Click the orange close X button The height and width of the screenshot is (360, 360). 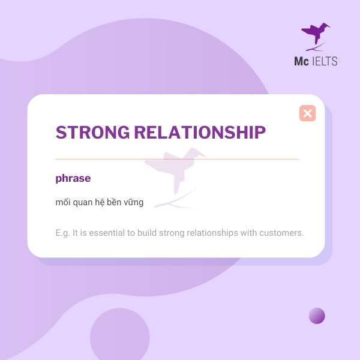click(307, 113)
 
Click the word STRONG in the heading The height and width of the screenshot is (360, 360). click(89, 132)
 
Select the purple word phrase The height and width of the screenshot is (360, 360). click(73, 178)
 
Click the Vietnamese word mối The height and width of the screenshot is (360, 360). click(62, 202)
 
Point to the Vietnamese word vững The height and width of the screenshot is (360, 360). click(133, 202)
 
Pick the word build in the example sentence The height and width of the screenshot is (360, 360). click(145, 232)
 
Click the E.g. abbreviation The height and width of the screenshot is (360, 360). click(62, 232)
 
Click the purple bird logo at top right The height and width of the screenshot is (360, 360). click(315, 35)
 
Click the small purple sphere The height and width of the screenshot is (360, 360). click(317, 316)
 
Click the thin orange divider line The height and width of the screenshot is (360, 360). click(176, 159)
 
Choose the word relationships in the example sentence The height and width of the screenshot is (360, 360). click(212, 232)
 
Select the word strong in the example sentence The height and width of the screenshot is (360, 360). click(173, 232)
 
